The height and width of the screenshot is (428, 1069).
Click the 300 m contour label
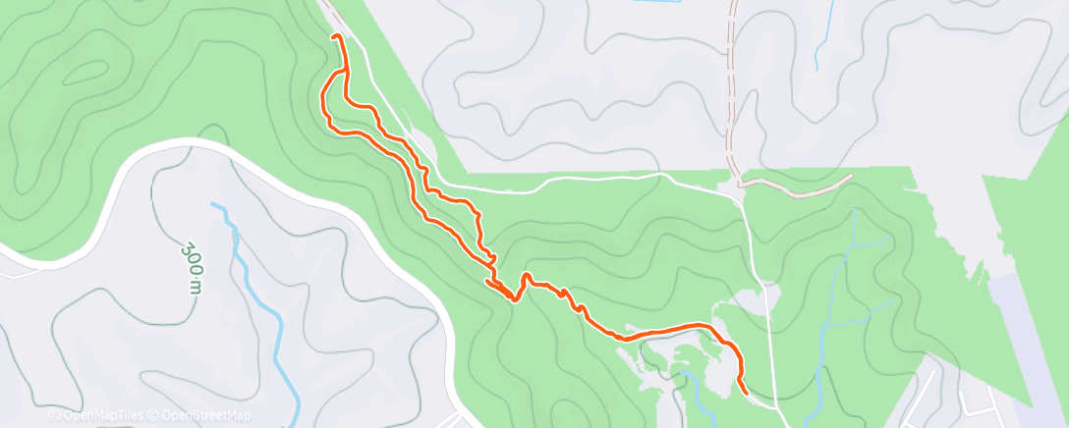[195, 267]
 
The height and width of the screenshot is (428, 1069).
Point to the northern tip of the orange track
[337, 36]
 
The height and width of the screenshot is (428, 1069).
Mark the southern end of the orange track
[746, 392]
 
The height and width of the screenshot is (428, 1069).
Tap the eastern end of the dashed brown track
[850, 177]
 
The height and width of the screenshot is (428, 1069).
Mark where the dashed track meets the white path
[739, 183]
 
